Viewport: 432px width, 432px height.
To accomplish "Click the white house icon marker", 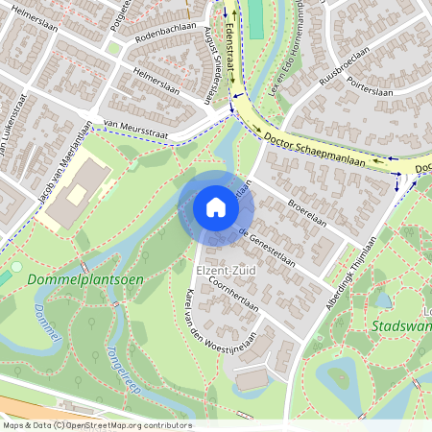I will pyautogui.click(x=216, y=207).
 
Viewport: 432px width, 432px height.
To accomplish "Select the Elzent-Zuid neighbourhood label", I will pyautogui.click(x=212, y=271).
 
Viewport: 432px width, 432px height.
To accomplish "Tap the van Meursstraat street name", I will pyautogui.click(x=135, y=128).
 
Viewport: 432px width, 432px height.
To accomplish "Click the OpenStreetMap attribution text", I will pyautogui.click(x=96, y=425).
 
